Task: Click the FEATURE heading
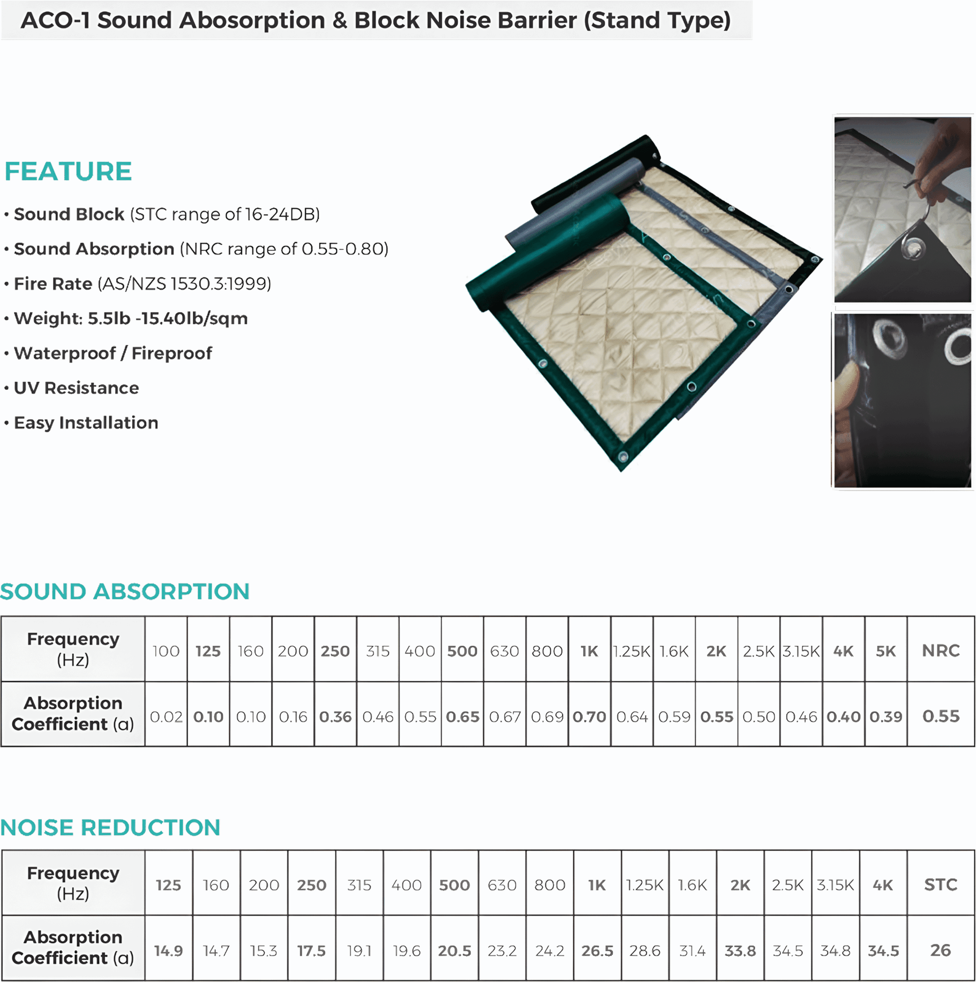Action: click(x=68, y=171)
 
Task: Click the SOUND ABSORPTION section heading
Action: click(x=125, y=592)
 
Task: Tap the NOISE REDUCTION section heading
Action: click(x=110, y=827)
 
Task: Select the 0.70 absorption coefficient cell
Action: click(x=589, y=717)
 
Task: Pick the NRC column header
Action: click(x=940, y=651)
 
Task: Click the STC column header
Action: click(x=940, y=885)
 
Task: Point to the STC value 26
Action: click(x=940, y=950)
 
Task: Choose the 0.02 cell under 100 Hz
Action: click(x=166, y=717)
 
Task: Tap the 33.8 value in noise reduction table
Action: click(x=740, y=951)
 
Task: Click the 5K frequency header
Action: click(x=886, y=651)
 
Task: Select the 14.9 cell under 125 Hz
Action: click(x=169, y=951)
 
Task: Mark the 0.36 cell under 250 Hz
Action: click(x=335, y=717)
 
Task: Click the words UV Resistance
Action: click(x=76, y=388)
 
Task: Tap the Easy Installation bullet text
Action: click(x=86, y=422)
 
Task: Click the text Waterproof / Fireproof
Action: click(x=113, y=353)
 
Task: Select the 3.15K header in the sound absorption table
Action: click(x=801, y=651)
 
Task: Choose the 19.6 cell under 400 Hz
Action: click(x=406, y=951)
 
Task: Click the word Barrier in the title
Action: click(x=540, y=20)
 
